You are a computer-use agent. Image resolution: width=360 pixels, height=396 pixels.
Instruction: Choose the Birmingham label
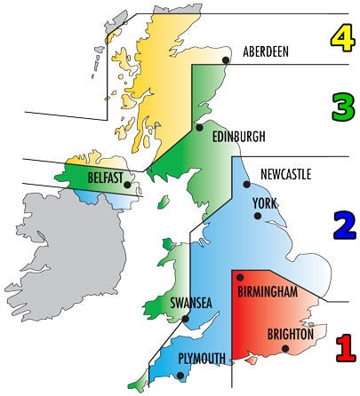(x=279, y=292)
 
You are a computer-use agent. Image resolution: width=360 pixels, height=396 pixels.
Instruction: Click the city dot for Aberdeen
(x=227, y=60)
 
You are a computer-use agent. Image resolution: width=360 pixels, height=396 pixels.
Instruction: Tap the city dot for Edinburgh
(x=200, y=128)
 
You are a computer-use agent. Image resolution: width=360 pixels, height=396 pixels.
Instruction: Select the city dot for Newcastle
(x=246, y=185)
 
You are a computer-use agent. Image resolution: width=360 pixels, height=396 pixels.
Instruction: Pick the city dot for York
(x=258, y=215)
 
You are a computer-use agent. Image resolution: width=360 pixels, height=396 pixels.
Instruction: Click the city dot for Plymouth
(x=181, y=376)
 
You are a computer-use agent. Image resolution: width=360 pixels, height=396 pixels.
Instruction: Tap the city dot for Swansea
(x=185, y=318)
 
